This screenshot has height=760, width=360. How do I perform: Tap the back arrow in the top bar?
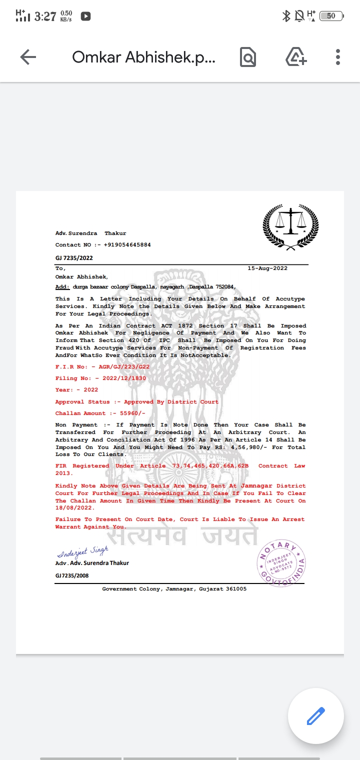[28, 57]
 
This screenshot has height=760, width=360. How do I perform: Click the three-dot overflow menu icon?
[338, 57]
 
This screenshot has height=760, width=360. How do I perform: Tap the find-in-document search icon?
[248, 57]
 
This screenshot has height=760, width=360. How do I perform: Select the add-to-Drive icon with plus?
[296, 57]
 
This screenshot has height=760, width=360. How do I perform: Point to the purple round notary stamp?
[281, 563]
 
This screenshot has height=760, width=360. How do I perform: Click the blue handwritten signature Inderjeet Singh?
[82, 552]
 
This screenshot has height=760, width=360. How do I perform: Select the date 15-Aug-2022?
[267, 268]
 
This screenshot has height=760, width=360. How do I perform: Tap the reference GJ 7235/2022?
[74, 258]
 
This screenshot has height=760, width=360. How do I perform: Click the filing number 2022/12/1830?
[122, 378]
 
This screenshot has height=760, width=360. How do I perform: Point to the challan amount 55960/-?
[129, 413]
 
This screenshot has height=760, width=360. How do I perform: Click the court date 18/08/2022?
[75, 508]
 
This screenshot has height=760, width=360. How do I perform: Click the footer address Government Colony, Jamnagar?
[174, 589]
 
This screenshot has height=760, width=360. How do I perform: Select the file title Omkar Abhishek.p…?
[144, 57]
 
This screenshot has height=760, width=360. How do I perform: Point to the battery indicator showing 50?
[331, 16]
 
